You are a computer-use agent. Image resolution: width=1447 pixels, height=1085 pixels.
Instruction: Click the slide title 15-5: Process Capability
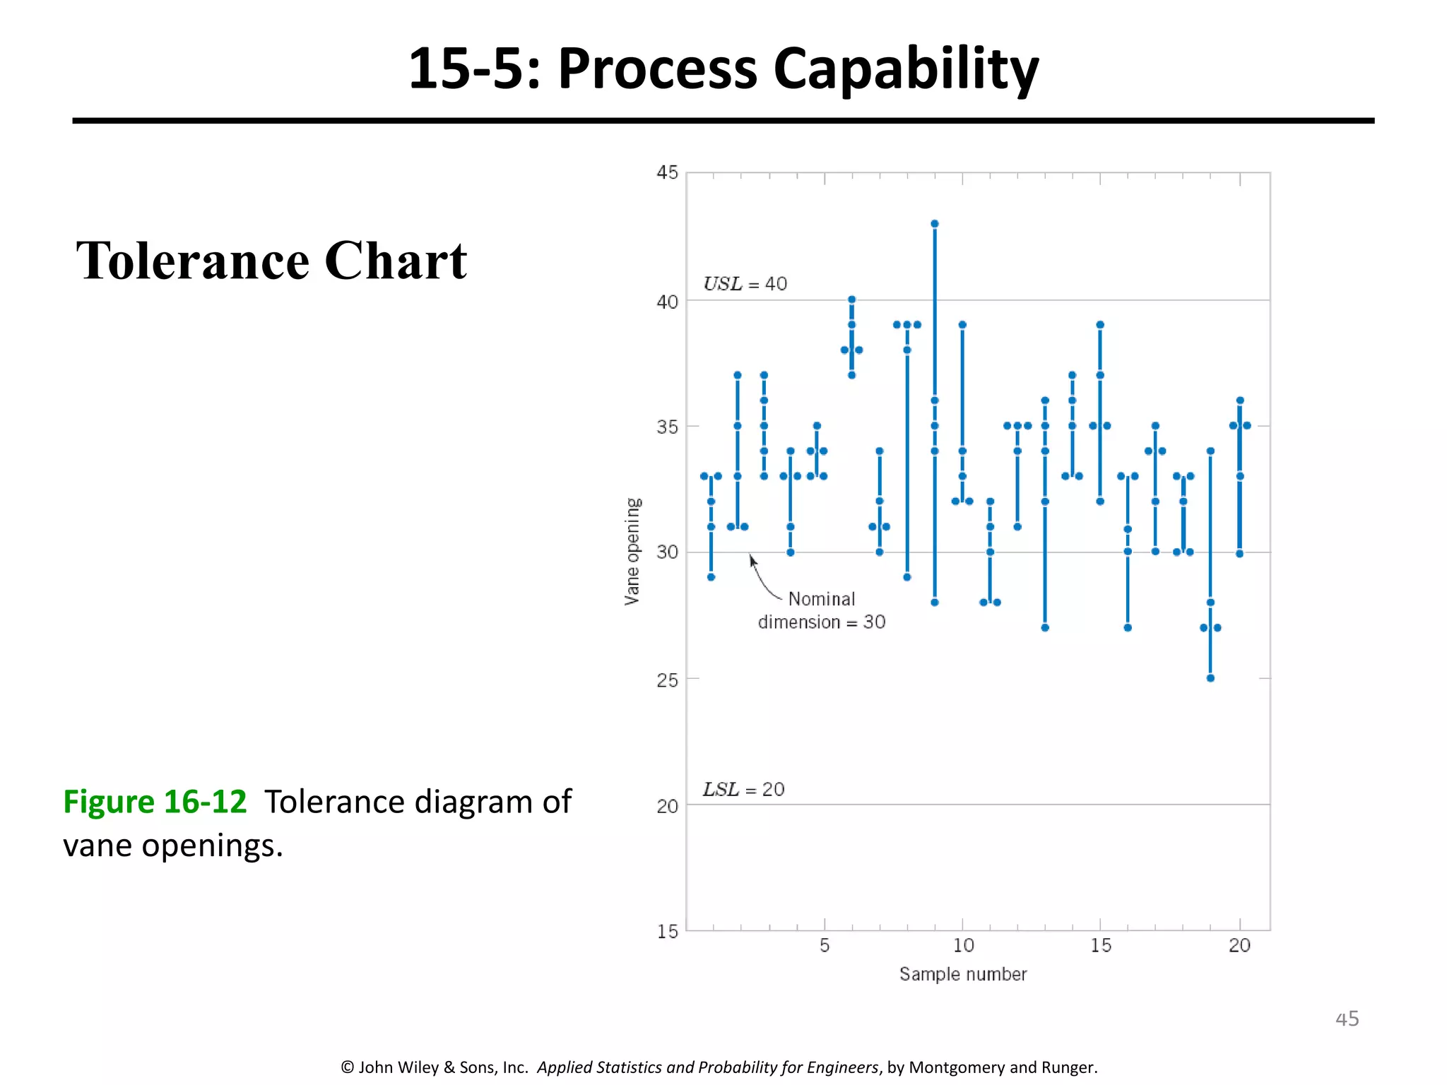pos(723,69)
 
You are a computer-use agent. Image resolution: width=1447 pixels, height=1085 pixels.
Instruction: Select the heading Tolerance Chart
pos(271,261)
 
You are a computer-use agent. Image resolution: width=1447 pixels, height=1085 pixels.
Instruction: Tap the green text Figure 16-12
pos(155,802)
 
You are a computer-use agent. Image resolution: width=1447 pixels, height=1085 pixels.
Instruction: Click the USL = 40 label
pos(745,284)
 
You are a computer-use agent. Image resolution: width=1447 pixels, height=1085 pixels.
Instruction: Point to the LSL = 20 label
pos(743,789)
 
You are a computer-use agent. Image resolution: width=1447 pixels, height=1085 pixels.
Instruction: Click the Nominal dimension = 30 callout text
pos(821,611)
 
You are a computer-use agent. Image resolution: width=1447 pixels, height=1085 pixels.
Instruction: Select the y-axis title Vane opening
pos(632,551)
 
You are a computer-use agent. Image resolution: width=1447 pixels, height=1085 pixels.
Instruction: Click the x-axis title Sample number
pos(962,974)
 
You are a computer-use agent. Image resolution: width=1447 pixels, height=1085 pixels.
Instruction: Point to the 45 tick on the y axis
pos(667,173)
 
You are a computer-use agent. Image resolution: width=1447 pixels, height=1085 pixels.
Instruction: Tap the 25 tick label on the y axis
pos(667,680)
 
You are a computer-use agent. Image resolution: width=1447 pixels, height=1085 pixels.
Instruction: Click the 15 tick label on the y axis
pos(667,932)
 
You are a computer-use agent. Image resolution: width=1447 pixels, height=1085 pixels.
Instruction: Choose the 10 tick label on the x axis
pos(963,945)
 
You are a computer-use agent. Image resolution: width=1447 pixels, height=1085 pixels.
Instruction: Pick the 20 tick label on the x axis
pos(1239,945)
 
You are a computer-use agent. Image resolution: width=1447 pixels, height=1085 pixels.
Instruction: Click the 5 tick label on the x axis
pos(825,945)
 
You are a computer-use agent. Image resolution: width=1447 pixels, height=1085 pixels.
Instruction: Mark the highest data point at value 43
pos(935,224)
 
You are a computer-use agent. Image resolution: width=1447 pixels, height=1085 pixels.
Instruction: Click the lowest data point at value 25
pos(1210,678)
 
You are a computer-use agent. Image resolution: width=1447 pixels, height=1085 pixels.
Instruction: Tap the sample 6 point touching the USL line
pos(852,300)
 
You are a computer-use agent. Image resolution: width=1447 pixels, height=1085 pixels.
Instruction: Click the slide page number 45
pos(1347,1019)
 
